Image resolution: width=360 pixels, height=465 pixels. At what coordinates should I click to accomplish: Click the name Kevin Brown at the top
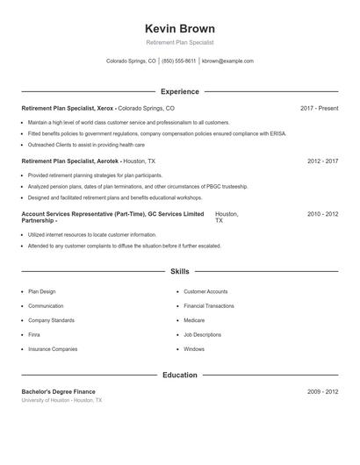click(x=179, y=28)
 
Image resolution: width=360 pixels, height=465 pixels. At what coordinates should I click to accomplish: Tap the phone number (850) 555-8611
click(x=179, y=61)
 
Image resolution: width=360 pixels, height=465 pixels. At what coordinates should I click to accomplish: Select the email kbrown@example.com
click(x=227, y=61)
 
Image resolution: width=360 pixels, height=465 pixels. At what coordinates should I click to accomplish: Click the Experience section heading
click(x=179, y=91)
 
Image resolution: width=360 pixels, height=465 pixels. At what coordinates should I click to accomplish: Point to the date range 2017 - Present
click(x=319, y=108)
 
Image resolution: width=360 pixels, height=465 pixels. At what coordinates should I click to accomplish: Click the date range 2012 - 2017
click(x=322, y=161)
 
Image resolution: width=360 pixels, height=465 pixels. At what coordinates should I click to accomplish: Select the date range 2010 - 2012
click(x=322, y=214)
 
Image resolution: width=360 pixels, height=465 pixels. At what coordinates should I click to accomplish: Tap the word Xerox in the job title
click(x=104, y=108)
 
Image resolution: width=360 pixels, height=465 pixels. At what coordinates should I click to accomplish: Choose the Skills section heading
click(x=179, y=272)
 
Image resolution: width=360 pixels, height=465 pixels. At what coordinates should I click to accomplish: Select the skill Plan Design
click(x=41, y=291)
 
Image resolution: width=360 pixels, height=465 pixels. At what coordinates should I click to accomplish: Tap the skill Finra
click(x=33, y=334)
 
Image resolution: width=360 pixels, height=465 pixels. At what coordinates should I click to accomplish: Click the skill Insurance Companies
click(x=53, y=348)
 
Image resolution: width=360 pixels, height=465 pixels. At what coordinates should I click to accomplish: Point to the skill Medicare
click(x=195, y=320)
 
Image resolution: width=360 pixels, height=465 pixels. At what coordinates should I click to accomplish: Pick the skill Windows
click(x=194, y=348)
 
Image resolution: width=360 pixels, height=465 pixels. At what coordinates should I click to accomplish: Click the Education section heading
click(x=179, y=375)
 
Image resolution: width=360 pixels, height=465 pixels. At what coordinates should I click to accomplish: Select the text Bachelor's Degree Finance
click(x=58, y=391)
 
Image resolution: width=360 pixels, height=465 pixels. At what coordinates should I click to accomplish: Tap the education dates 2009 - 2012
click(x=322, y=391)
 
